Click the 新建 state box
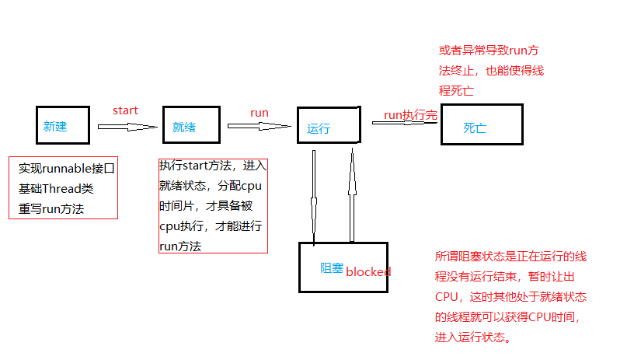coord(57,124)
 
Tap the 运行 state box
coord(328,124)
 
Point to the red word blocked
coord(368,271)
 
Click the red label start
coord(125,110)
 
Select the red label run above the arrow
coord(260,113)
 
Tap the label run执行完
coord(410,115)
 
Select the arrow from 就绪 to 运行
coord(258,126)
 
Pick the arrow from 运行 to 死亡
coord(404,121)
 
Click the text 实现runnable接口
coord(67,168)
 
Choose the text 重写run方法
coord(51,208)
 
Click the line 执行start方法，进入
coord(213,166)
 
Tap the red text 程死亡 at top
coord(456,90)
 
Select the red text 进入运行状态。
coord(473,337)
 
